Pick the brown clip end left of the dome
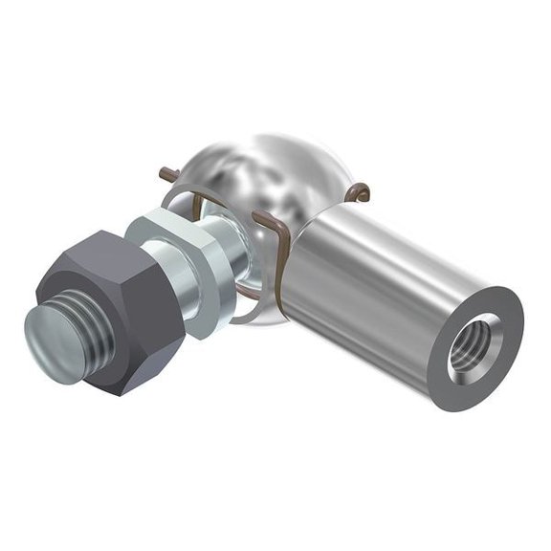click(168, 175)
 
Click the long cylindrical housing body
click(383, 277)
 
